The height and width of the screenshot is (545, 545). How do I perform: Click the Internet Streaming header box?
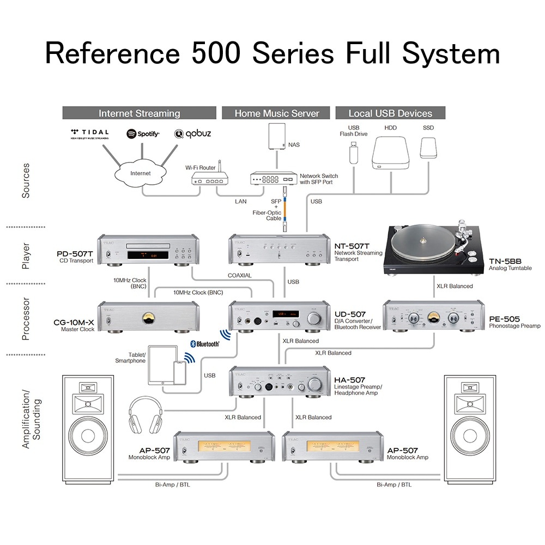click(139, 113)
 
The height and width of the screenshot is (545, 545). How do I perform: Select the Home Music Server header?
click(276, 113)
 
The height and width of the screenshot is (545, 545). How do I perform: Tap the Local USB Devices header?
click(390, 113)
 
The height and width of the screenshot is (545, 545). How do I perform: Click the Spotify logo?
click(143, 134)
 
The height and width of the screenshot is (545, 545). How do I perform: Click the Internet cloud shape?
click(140, 173)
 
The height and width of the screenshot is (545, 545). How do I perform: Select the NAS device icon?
click(276, 136)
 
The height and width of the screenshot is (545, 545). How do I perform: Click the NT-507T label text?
click(352, 246)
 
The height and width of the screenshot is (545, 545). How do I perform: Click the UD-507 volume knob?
click(314, 318)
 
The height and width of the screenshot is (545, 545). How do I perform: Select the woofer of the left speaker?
click(88, 436)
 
